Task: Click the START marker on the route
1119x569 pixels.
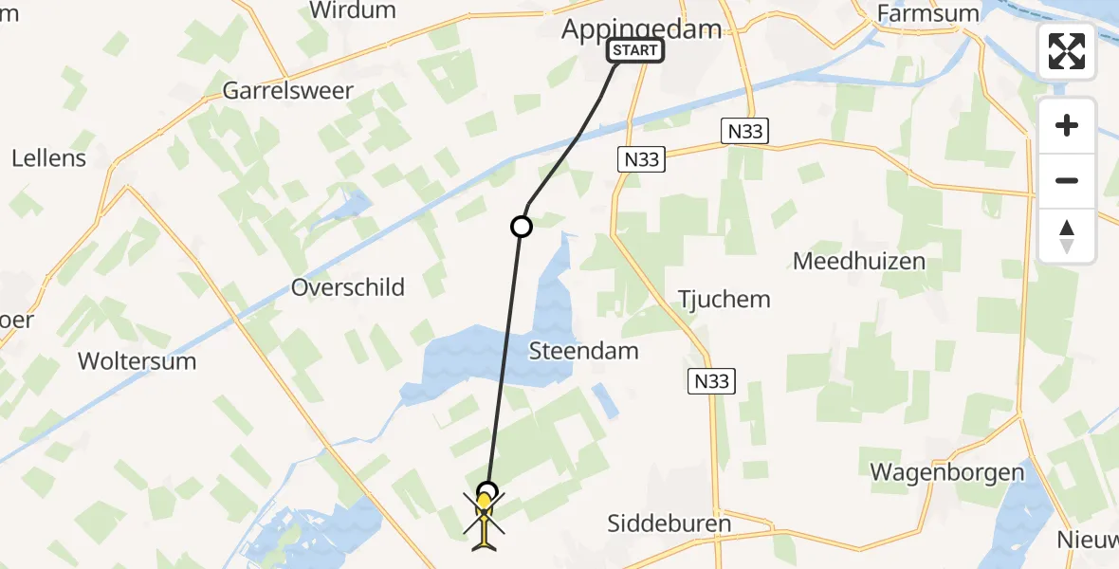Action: [x=635, y=50]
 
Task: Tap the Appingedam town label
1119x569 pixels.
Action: [x=642, y=28]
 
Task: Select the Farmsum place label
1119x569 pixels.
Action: [x=923, y=12]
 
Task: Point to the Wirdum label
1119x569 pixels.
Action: [x=352, y=10]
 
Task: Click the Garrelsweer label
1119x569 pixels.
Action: [x=287, y=91]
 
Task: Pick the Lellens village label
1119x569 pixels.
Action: [x=48, y=157]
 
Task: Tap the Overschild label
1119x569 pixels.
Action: [x=348, y=286]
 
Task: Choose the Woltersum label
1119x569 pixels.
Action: [x=137, y=360]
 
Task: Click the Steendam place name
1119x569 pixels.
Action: [x=583, y=351]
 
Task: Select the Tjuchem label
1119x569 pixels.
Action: [x=724, y=300]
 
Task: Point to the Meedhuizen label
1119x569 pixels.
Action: [x=859, y=261]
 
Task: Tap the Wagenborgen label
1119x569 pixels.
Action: [x=947, y=472]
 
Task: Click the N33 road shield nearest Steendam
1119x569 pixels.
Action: [x=710, y=381]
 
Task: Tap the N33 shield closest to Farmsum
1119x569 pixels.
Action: [x=746, y=133]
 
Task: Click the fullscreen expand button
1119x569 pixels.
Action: [x=1067, y=51]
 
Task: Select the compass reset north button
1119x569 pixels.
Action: [x=1067, y=236]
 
